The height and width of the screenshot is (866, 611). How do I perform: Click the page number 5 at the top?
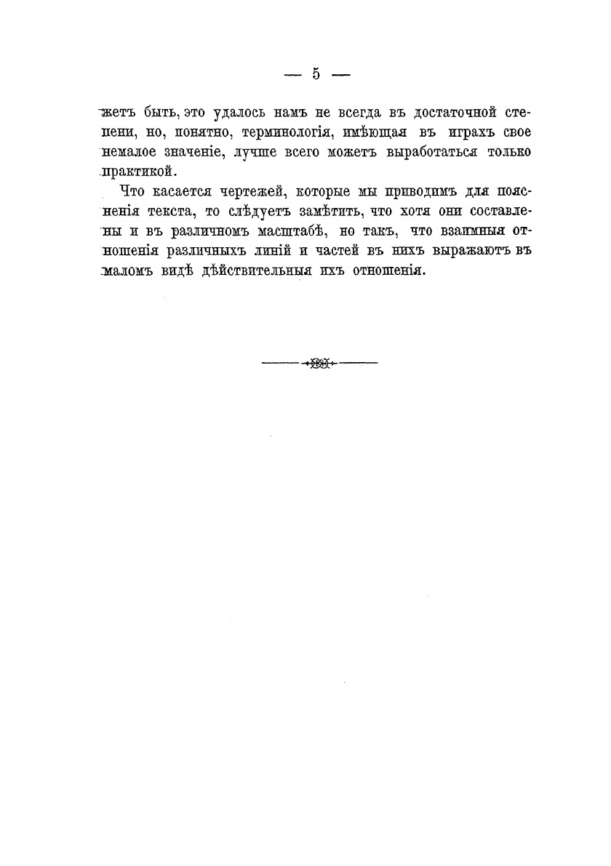coord(316,73)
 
